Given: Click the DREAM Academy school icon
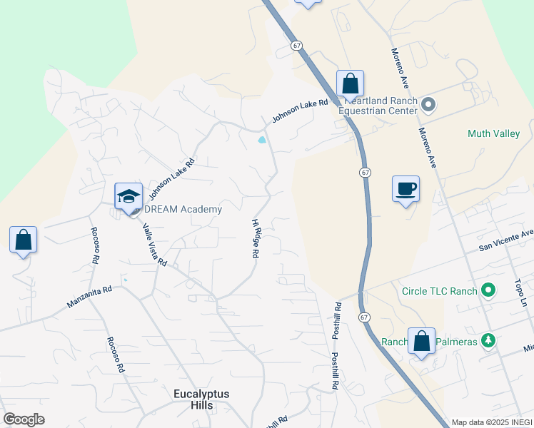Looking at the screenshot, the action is tap(129, 196).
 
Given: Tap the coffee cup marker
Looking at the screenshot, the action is tap(405, 189).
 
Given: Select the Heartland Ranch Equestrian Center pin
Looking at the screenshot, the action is tap(429, 106).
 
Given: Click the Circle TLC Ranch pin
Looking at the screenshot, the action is tap(488, 290).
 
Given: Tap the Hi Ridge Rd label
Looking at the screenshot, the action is tap(256, 238).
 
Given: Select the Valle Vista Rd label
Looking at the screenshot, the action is tap(154, 245).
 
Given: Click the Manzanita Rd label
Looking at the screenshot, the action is tap(90, 297).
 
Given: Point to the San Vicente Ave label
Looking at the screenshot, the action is tap(505, 240).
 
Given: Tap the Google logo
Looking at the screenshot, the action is tap(24, 419).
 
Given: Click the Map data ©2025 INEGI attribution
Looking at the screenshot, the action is tap(492, 422).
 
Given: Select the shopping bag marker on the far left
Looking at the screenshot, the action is tap(23, 240).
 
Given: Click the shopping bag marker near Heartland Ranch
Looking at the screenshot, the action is tap(350, 83).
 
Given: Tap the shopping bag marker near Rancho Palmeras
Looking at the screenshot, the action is tap(422, 342).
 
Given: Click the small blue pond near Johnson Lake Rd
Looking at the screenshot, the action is tap(263, 140).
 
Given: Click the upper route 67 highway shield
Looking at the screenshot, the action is tap(296, 45).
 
